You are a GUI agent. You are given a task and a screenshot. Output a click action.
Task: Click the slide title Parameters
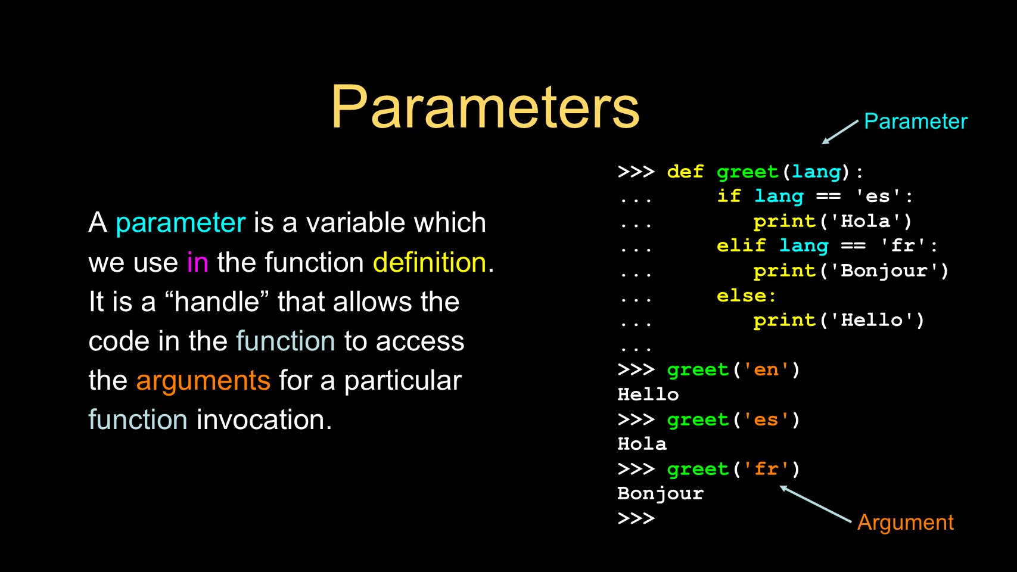click(x=486, y=107)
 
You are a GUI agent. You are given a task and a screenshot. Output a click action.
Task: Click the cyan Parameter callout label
click(x=915, y=121)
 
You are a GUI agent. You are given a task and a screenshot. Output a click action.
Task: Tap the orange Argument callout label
click(x=906, y=523)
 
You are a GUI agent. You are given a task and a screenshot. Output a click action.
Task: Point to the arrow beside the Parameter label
click(x=840, y=132)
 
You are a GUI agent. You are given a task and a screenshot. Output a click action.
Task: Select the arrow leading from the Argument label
click(x=816, y=504)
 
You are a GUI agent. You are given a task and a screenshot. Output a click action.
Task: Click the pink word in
click(x=197, y=262)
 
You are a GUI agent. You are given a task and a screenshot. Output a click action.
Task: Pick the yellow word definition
click(x=429, y=262)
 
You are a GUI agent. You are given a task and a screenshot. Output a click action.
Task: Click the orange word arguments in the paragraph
click(x=203, y=381)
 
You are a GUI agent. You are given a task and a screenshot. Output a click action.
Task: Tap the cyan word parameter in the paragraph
click(x=181, y=223)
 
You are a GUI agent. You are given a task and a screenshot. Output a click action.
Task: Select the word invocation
click(x=260, y=419)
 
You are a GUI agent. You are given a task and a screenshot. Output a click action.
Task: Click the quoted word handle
click(x=216, y=301)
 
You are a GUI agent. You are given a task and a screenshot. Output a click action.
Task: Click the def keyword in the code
click(x=685, y=172)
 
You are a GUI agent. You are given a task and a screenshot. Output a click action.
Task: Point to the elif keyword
click(x=741, y=245)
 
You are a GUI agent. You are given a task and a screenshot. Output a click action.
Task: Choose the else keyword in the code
click(x=741, y=296)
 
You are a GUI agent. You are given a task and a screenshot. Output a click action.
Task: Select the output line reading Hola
click(x=642, y=443)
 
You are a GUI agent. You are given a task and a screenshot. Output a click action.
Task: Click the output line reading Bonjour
click(x=661, y=494)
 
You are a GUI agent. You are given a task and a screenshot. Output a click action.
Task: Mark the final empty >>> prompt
click(x=636, y=518)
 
